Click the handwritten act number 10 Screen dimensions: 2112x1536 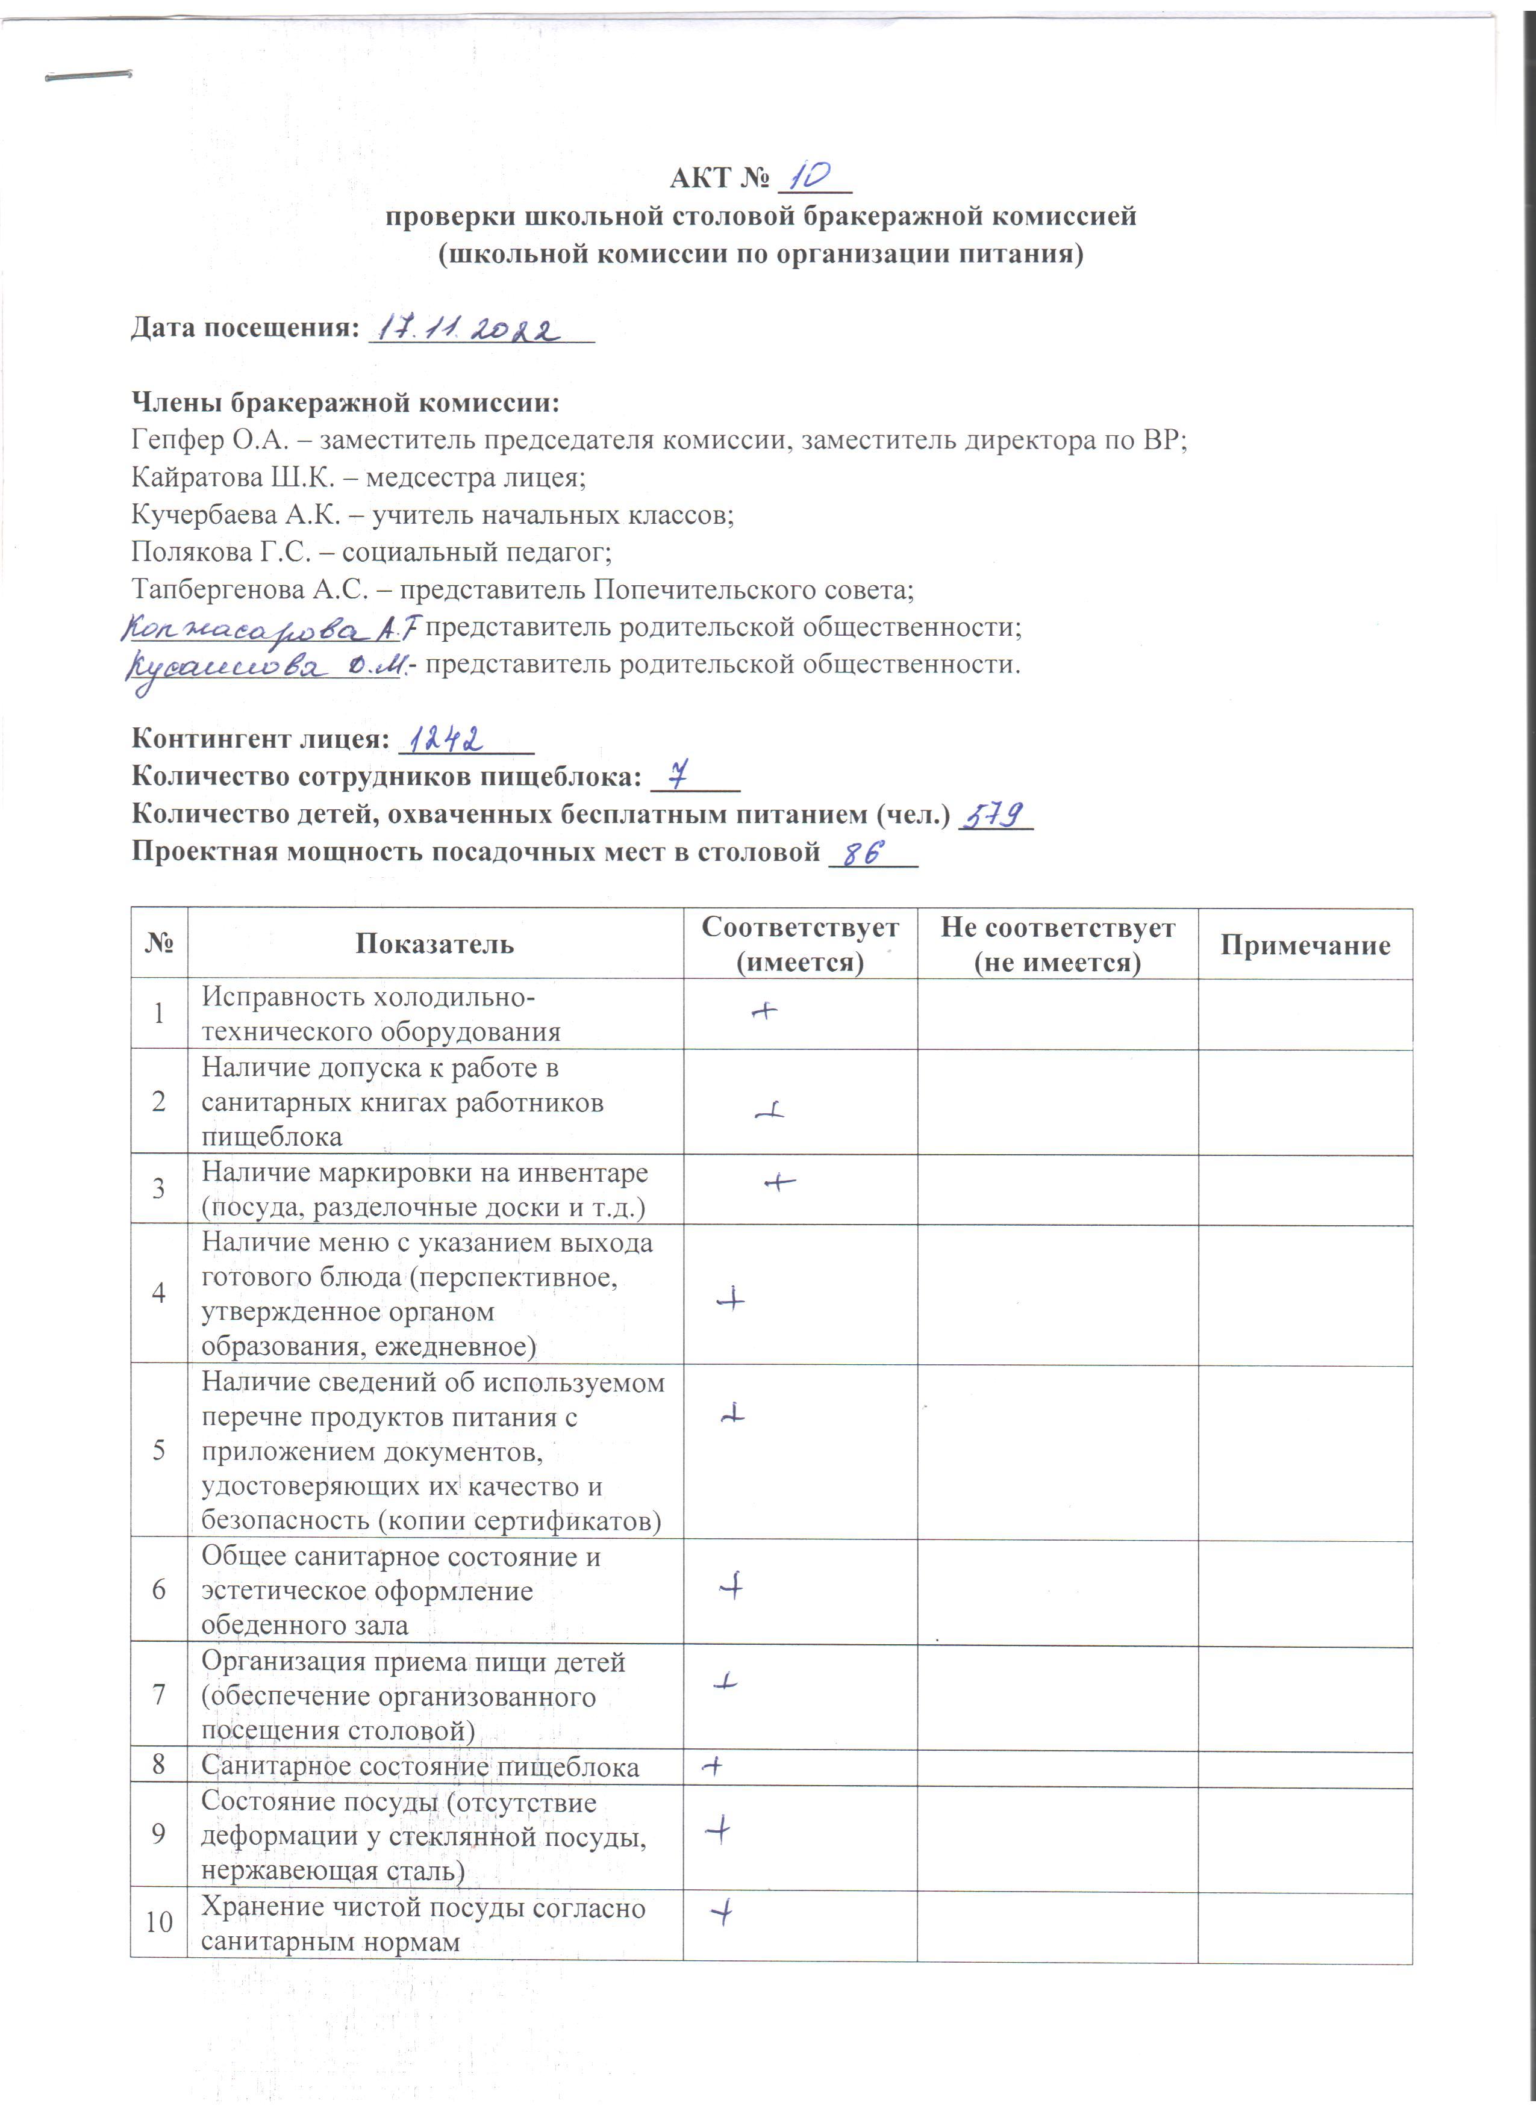(810, 175)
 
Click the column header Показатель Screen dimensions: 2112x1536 (434, 944)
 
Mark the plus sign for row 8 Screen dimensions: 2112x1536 (713, 1765)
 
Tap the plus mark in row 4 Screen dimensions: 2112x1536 (731, 1298)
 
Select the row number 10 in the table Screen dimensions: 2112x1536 (158, 1921)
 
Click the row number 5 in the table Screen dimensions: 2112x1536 (158, 1449)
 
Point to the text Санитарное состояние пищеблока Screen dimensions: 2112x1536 (420, 1766)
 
